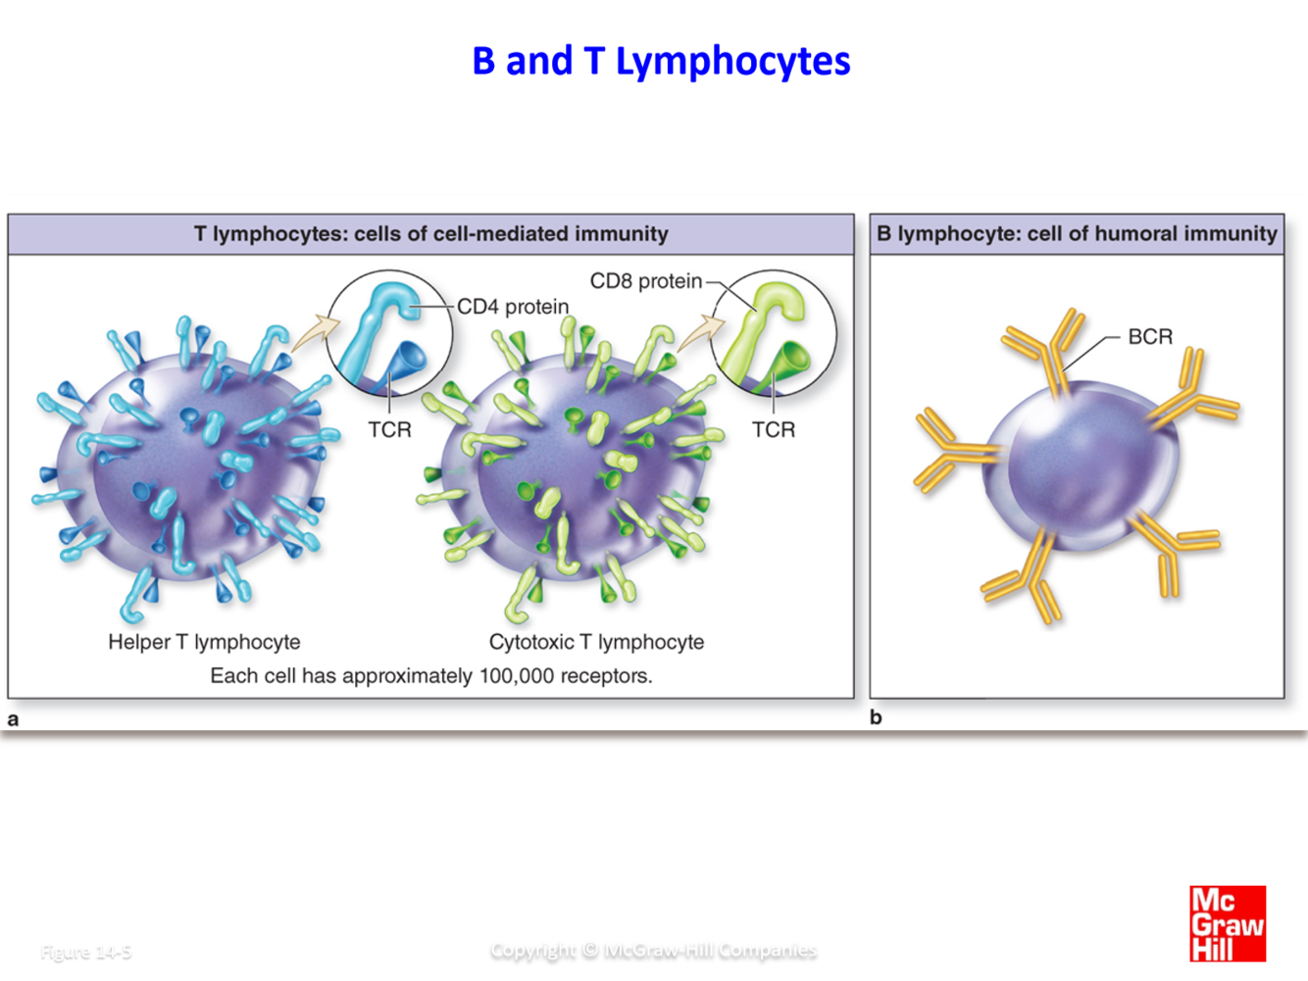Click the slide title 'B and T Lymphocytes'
tap(661, 61)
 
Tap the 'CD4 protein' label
tap(513, 307)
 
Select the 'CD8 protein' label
tap(645, 281)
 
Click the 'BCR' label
tap(1149, 337)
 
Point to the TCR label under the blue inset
tap(389, 429)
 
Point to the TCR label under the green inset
tap(773, 429)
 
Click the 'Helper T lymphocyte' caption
tap(204, 642)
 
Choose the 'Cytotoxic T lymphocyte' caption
tap(596, 642)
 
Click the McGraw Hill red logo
tap(1227, 923)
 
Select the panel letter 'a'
tap(13, 719)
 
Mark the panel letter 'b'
tap(876, 717)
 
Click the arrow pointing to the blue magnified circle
tap(312, 332)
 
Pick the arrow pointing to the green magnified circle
tap(696, 332)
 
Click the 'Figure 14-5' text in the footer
tap(86, 952)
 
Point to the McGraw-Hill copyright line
tap(653, 950)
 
